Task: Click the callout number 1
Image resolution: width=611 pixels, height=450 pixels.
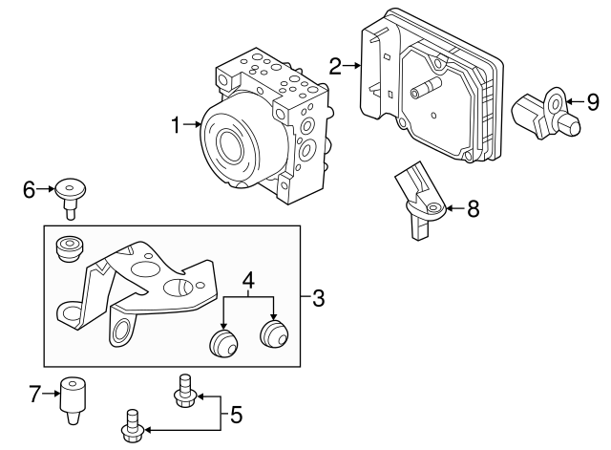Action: pyautogui.click(x=176, y=123)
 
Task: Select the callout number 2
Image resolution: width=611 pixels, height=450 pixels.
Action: pyautogui.click(x=335, y=66)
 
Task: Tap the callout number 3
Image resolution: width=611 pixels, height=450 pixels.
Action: pyautogui.click(x=319, y=300)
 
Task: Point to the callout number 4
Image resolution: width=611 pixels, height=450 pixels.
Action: pyautogui.click(x=248, y=281)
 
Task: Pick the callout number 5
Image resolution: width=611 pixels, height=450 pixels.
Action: pyautogui.click(x=236, y=415)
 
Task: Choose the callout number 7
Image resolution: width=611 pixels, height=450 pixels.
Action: pyautogui.click(x=34, y=393)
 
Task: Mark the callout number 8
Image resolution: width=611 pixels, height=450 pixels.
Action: pyautogui.click(x=473, y=208)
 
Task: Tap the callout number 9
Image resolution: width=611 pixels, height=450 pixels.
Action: pyautogui.click(x=592, y=100)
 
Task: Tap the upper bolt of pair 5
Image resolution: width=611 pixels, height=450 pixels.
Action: pyautogui.click(x=183, y=393)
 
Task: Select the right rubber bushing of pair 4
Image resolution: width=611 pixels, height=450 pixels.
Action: pyautogui.click(x=275, y=335)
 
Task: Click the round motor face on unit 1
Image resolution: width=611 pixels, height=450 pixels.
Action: pyautogui.click(x=230, y=143)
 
